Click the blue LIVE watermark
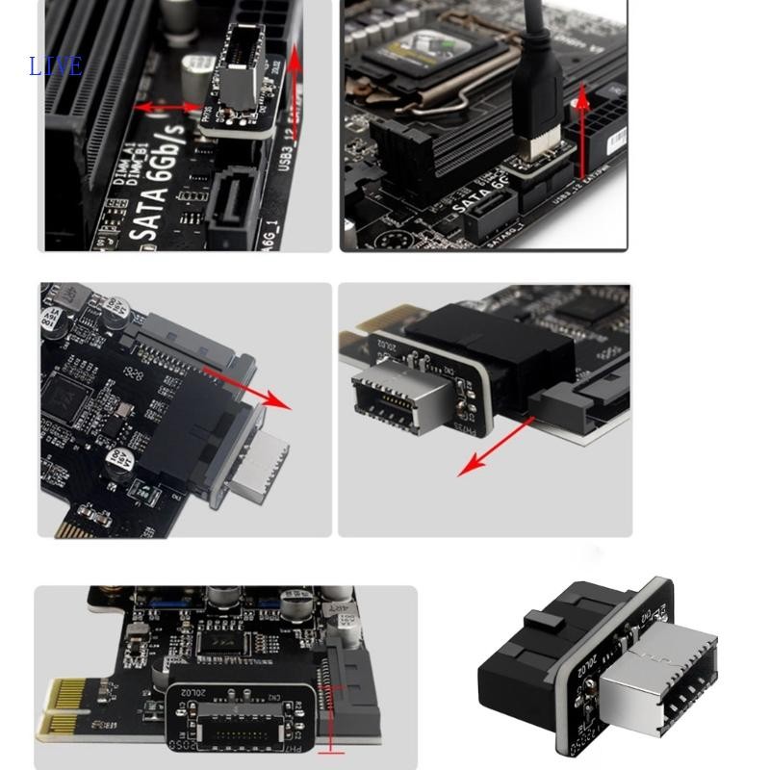pyautogui.click(x=56, y=66)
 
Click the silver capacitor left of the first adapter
pyautogui.click(x=196, y=75)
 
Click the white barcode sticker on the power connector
pyautogui.click(x=613, y=144)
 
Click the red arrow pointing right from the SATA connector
pyautogui.click(x=262, y=394)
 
